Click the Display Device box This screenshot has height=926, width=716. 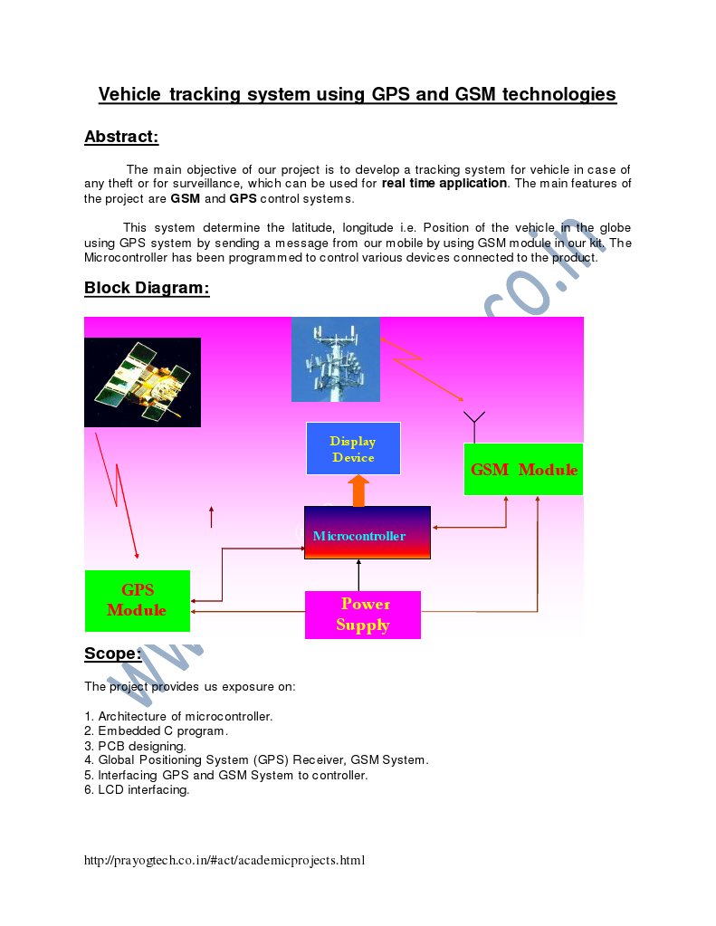pos(353,448)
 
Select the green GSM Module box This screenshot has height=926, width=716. pos(523,469)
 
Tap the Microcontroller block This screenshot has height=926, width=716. pos(367,533)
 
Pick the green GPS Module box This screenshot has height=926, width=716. pos(138,600)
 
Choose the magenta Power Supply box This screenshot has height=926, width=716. pos(363,615)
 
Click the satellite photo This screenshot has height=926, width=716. pos(142,382)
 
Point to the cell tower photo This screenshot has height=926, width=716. pos(335,359)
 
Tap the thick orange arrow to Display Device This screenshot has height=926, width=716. pos(358,491)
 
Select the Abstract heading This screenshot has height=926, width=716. pos(121,138)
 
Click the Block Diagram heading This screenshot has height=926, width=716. pos(147,288)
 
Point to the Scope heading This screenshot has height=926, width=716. pos(112,654)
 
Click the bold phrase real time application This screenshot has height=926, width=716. pos(444,183)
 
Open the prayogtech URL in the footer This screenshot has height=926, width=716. pos(224,860)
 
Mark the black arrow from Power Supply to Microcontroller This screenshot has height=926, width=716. pos(358,576)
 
